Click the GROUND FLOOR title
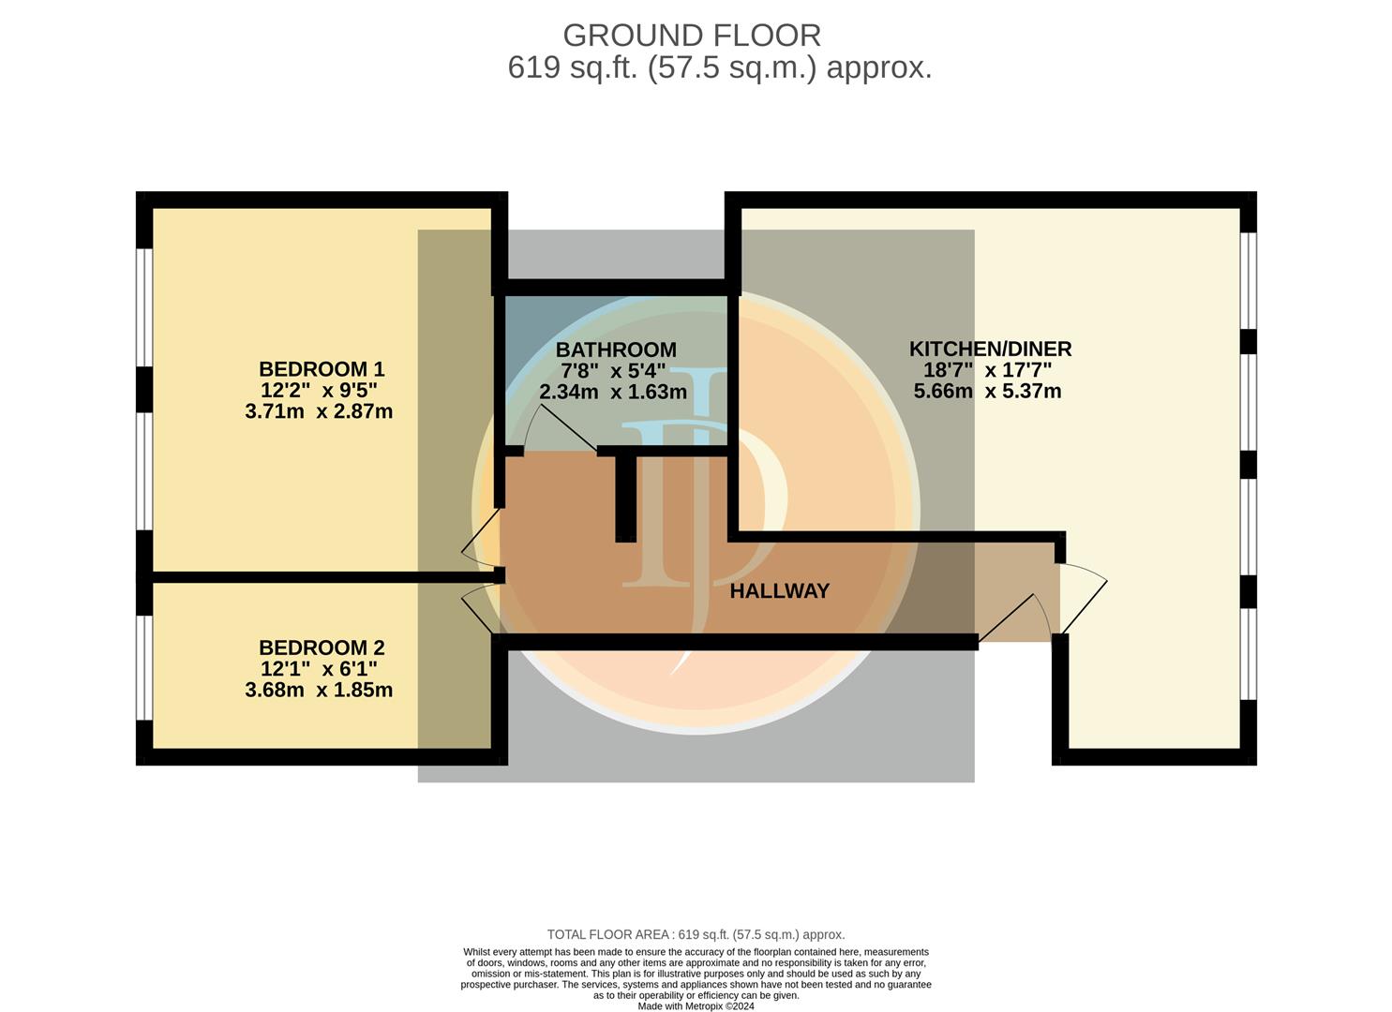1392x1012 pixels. [x=692, y=36]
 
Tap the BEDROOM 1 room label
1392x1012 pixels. [x=322, y=369]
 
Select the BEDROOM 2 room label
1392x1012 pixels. [x=322, y=647]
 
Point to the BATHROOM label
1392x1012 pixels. [x=616, y=350]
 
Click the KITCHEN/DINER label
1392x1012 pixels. [x=990, y=349]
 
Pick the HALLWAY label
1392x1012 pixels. [x=779, y=590]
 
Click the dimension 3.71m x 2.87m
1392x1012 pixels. [x=319, y=411]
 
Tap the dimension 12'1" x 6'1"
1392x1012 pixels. [x=319, y=668]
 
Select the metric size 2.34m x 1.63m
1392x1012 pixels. [x=613, y=392]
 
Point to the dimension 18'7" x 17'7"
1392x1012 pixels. [x=987, y=369]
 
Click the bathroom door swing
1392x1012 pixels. [x=562, y=427]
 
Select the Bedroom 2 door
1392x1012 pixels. [x=480, y=611]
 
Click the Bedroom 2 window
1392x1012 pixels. [x=144, y=667]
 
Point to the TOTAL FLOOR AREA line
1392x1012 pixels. [x=696, y=952]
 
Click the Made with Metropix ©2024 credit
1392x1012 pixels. [x=696, y=1006]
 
